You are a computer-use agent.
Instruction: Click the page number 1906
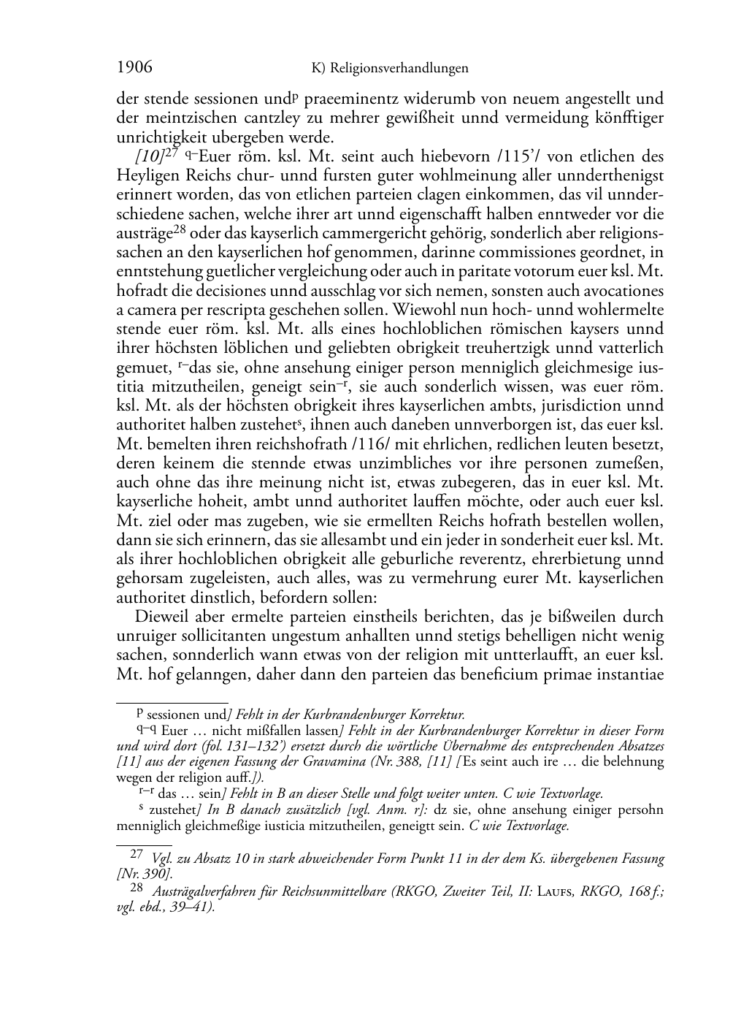[134, 68]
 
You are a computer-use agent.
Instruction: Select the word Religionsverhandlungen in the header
[399, 69]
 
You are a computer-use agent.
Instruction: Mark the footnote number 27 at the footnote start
[136, 853]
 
